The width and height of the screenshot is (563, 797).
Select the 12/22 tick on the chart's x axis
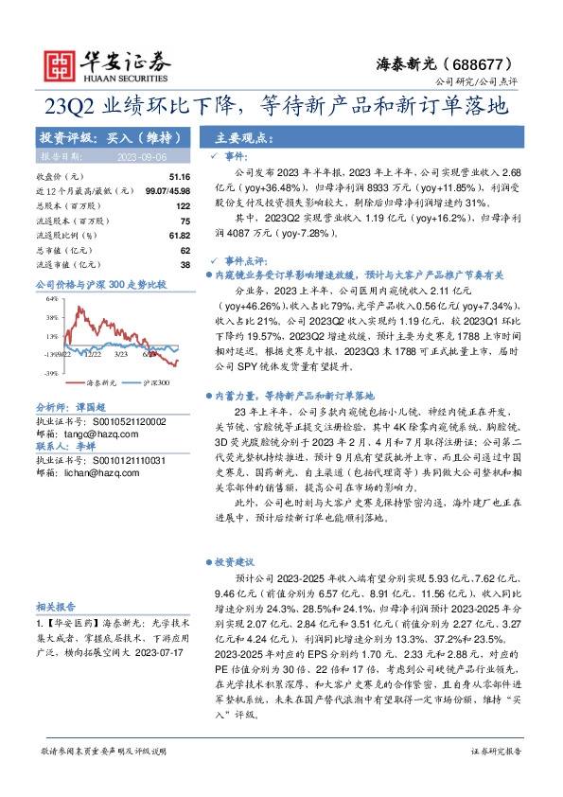[x=92, y=354]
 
